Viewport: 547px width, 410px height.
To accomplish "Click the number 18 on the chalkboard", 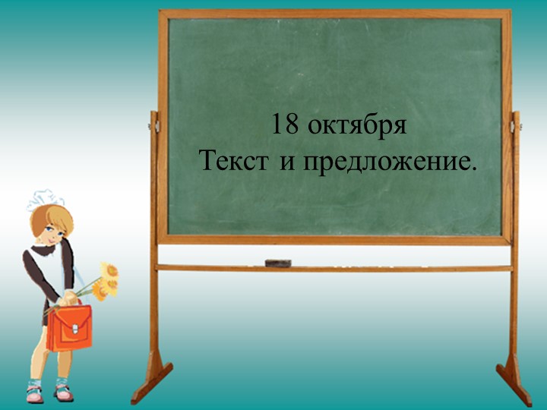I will click(285, 125).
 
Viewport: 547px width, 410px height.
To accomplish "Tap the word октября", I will click(358, 126).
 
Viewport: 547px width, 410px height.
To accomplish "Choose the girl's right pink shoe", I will click(64, 393).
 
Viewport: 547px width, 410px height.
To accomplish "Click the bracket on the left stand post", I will click(153, 121).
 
